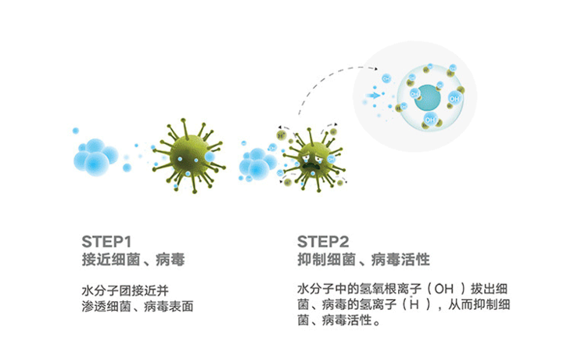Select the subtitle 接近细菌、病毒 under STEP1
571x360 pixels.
(x=131, y=257)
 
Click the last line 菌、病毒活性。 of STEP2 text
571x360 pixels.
(x=339, y=321)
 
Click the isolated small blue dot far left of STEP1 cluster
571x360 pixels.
(x=75, y=130)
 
